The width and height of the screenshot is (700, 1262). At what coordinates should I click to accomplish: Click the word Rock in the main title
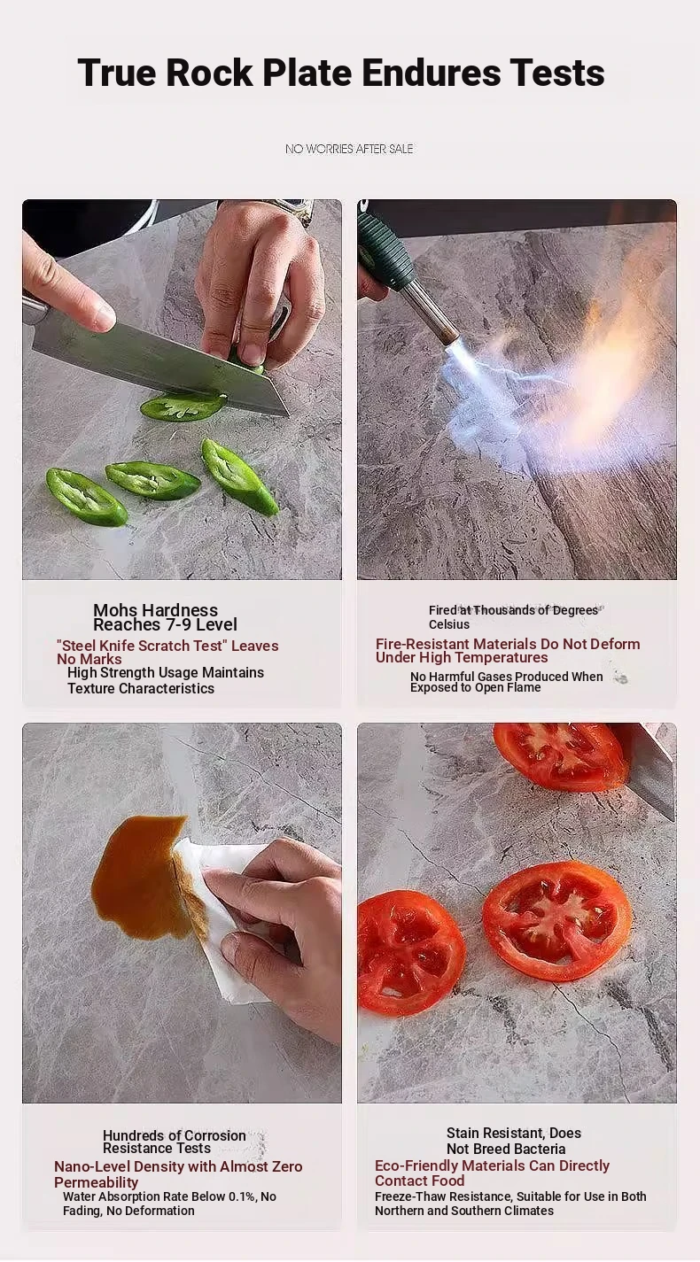[209, 73]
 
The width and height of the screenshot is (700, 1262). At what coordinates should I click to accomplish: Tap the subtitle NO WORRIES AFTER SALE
[349, 149]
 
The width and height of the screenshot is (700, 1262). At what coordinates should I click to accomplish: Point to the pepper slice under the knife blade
[183, 406]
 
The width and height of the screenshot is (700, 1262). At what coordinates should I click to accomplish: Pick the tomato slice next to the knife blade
[561, 756]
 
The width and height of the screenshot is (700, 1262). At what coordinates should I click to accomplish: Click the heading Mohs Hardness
[155, 610]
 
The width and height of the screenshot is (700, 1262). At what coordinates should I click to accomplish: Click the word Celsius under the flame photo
[448, 624]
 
